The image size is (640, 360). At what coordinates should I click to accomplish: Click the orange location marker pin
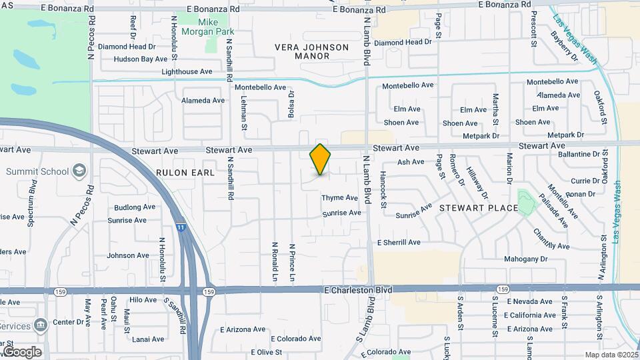(320, 159)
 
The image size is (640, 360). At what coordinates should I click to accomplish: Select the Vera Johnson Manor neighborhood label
(312, 51)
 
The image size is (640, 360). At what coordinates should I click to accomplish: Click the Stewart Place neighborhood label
(478, 208)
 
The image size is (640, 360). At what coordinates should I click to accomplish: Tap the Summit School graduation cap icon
(79, 171)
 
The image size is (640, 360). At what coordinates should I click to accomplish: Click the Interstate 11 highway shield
(181, 228)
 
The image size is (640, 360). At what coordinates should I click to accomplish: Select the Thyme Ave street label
(340, 198)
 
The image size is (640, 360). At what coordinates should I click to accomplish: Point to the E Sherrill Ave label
(399, 243)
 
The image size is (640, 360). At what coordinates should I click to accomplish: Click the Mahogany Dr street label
(525, 259)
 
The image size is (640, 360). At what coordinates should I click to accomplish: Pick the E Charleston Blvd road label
(357, 290)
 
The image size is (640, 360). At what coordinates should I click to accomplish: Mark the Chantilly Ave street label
(551, 239)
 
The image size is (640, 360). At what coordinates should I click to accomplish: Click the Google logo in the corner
(22, 351)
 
